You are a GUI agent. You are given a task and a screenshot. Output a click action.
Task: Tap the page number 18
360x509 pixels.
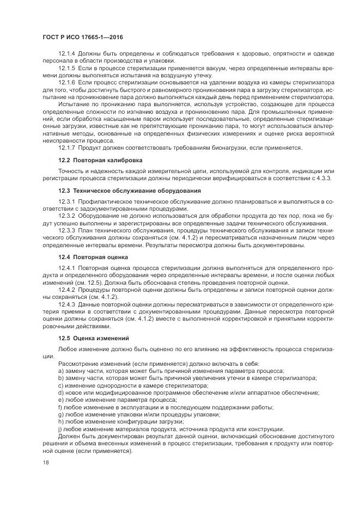[x=45, y=462]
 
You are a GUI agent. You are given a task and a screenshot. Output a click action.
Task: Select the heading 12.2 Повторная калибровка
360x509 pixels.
[x=100, y=161]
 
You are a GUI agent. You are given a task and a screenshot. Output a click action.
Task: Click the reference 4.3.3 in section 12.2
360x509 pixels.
[x=324, y=178]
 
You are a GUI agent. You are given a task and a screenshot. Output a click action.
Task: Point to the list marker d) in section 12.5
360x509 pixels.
[x=60, y=393]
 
